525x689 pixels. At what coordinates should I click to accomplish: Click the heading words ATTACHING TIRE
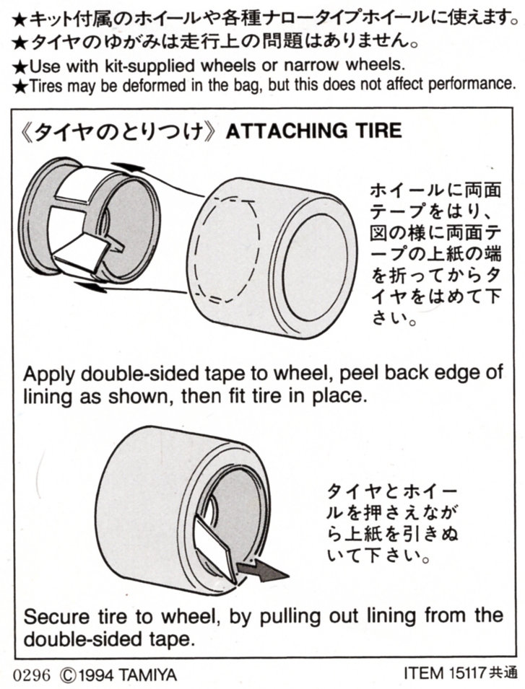(313, 131)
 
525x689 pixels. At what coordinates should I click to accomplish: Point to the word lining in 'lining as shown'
(48, 397)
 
